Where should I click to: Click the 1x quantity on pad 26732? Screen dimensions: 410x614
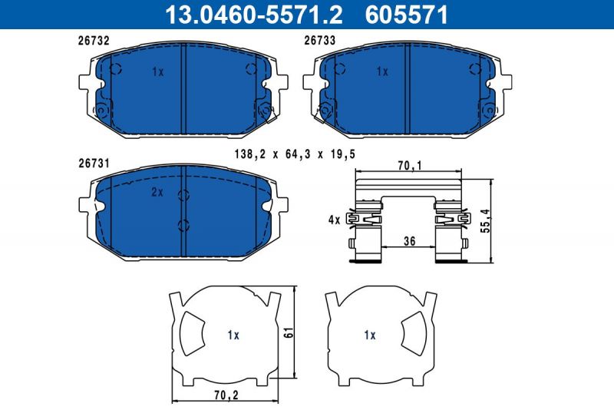(158, 71)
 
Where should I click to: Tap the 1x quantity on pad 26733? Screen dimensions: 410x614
(382, 71)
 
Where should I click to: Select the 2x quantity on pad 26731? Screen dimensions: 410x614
(157, 193)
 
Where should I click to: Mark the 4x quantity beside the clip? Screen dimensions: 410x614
(333, 220)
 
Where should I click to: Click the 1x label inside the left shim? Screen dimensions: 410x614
(233, 335)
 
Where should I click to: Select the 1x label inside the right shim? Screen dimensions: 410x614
(369, 335)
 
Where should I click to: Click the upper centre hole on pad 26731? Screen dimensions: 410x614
(183, 194)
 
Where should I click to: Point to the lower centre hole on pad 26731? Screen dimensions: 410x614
(183, 225)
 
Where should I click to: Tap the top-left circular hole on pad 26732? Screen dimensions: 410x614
(116, 69)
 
